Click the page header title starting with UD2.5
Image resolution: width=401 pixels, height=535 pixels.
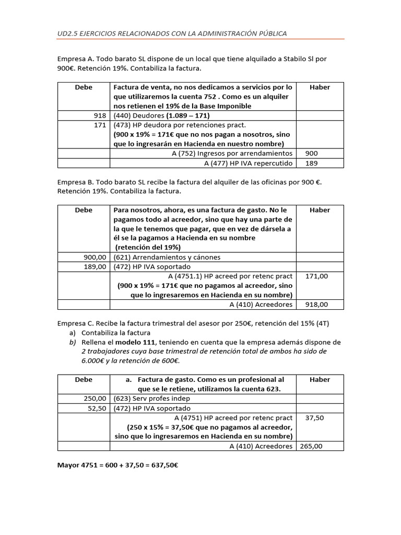[172, 33]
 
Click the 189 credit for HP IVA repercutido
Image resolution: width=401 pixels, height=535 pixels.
[310, 163]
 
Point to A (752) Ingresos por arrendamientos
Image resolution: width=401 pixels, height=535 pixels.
[232, 154]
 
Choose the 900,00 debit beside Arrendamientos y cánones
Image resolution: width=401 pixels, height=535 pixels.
[95, 257]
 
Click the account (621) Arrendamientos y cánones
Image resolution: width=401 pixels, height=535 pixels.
[167, 257]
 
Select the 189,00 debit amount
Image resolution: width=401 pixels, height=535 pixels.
[95, 266]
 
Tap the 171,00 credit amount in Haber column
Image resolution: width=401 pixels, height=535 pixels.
[317, 276]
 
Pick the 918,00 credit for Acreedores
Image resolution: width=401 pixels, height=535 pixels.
[317, 304]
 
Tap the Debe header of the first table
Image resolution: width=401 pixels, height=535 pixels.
[84, 87]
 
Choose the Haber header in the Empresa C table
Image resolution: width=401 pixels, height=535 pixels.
[320, 379]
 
